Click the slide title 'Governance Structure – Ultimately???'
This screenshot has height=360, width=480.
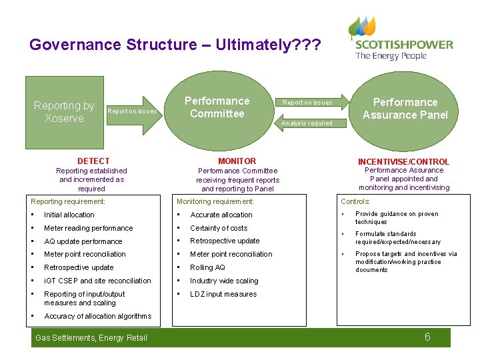point(175,45)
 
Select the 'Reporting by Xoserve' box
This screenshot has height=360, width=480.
point(64,112)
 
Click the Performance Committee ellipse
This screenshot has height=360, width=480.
point(217,108)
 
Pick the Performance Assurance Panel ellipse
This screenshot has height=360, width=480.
point(405,109)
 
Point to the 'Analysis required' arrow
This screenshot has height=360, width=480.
point(311,123)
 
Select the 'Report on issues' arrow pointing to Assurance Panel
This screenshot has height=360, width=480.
point(311,102)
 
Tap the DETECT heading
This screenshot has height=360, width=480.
point(93,161)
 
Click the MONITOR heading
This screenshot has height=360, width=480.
point(237,161)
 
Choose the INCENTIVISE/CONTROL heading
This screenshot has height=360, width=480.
point(403,162)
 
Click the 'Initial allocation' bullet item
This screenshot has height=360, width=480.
point(69,215)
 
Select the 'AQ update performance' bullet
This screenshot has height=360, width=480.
point(83,241)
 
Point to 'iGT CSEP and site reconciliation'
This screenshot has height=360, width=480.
point(97,281)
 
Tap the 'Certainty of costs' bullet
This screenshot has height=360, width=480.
point(219,228)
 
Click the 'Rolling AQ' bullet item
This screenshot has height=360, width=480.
point(208,267)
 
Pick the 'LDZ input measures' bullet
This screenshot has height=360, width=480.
point(223,294)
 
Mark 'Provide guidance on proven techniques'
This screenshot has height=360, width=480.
point(397,218)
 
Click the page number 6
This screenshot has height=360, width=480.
point(427,337)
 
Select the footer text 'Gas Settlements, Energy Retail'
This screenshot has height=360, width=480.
point(91,338)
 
